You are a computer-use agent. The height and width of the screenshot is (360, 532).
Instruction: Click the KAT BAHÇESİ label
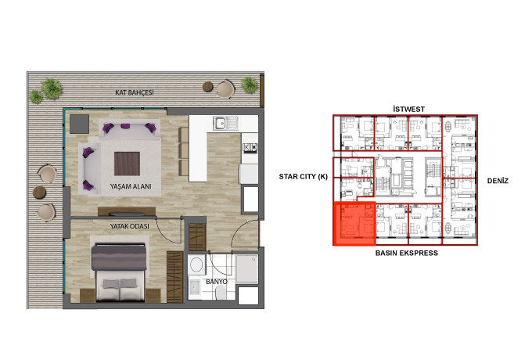(135, 92)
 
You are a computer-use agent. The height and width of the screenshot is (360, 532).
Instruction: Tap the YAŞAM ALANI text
(131, 186)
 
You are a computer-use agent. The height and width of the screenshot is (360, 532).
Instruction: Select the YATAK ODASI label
(130, 226)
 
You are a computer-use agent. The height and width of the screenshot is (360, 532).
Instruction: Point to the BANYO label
(217, 282)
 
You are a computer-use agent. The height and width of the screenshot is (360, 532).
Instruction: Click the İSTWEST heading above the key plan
(409, 109)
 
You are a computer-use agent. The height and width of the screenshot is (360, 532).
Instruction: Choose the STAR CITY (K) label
(304, 176)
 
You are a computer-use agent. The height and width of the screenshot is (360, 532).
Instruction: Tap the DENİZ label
(498, 181)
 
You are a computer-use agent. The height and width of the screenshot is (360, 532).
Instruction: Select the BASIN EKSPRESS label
(407, 253)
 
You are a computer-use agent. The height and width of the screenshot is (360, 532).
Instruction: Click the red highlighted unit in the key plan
(354, 224)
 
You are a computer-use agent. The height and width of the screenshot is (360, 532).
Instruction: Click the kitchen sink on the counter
(225, 123)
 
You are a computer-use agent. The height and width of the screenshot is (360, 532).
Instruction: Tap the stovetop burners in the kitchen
(250, 147)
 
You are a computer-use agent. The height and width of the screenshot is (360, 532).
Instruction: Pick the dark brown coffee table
(127, 164)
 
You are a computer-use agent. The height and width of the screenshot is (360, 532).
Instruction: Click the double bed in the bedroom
(119, 272)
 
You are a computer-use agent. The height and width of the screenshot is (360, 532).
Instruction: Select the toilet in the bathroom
(221, 293)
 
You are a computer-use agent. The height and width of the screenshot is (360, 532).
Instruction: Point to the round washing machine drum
(196, 265)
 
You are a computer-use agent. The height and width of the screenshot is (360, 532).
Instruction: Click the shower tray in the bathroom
(246, 269)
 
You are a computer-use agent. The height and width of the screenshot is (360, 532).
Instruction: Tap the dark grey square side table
(79, 124)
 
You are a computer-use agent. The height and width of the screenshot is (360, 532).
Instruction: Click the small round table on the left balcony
(39, 193)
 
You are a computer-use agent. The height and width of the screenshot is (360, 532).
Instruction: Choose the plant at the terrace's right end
(250, 85)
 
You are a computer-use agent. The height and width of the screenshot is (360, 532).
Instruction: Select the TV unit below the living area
(127, 212)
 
